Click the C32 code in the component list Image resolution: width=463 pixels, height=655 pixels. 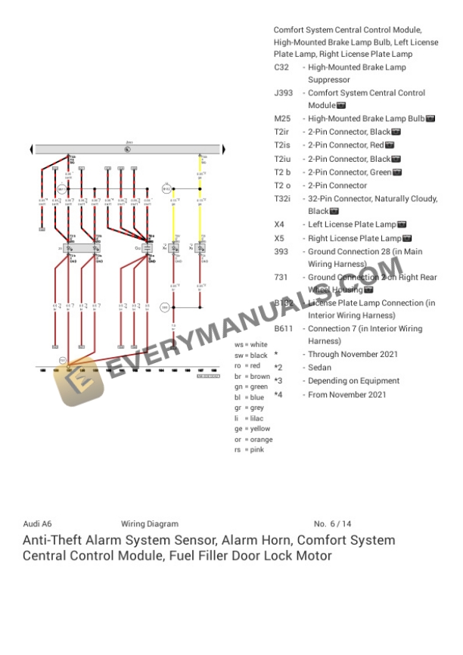281,67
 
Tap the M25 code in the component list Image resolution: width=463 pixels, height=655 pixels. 281,119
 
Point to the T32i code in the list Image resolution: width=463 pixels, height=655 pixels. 282,199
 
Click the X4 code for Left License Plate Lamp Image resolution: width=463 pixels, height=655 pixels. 278,225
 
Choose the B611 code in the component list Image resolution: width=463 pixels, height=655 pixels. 283,329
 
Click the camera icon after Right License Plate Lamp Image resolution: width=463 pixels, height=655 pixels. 408,238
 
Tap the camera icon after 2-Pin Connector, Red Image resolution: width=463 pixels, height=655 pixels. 390,145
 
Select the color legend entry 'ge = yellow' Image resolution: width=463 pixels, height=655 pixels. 252,429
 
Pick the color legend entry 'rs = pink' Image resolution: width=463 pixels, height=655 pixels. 249,450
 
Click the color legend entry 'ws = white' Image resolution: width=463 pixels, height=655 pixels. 251,344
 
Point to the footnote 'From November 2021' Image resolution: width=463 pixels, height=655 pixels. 347,395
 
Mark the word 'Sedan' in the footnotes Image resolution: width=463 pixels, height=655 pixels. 320,368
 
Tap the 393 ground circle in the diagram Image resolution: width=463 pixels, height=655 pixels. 165,307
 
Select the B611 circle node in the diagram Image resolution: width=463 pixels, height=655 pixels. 61,188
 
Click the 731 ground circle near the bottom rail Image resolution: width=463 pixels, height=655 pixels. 63,360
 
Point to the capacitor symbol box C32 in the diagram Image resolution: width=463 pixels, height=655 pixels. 148,247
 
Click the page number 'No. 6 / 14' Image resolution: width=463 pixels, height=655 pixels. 332,524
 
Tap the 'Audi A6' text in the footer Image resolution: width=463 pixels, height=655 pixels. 37,524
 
